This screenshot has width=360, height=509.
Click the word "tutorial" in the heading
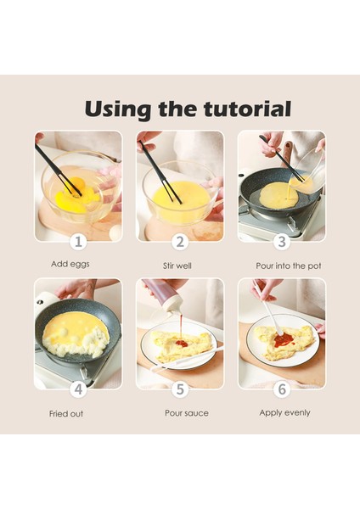pos(247,109)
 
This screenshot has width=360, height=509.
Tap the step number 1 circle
pos(78,242)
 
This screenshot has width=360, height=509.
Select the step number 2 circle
pos(180,242)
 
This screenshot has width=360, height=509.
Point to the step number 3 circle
pos(282,242)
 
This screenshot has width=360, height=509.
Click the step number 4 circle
pos(78,389)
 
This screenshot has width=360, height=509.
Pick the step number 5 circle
pos(180,389)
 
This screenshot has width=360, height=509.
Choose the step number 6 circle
pos(282,389)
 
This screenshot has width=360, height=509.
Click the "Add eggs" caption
pos(70,264)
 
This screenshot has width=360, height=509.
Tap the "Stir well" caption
pos(177,266)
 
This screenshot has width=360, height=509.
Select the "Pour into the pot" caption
pos(288,266)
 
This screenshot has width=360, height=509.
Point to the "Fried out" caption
pos(66,414)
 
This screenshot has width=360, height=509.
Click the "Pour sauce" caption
pos(187,413)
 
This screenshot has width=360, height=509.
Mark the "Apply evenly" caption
pos(284,413)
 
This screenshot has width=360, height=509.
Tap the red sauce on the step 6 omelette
pos(283,340)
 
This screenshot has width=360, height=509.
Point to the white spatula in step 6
pos(268,309)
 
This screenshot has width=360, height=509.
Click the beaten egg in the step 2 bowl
pos(181,198)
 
